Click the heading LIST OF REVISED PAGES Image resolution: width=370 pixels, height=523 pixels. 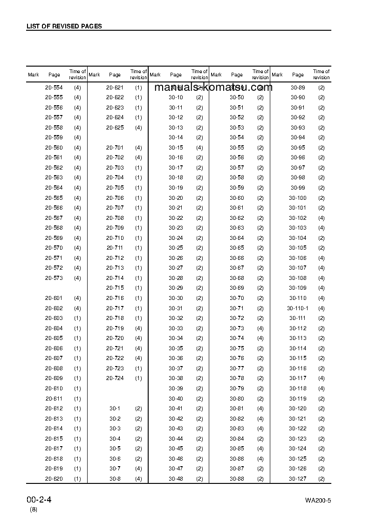point(64,27)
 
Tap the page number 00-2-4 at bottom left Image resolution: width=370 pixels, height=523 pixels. point(39,500)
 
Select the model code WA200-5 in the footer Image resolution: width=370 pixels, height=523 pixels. point(318,501)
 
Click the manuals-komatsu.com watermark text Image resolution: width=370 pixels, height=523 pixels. point(213,88)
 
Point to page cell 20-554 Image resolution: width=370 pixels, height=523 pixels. point(54,88)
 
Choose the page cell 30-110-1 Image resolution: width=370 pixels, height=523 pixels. point(298,308)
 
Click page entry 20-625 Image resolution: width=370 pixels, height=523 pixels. point(115,128)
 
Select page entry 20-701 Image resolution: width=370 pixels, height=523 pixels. point(115,148)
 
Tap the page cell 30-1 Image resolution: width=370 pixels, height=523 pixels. point(115,408)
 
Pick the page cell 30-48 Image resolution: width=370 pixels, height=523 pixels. point(176,479)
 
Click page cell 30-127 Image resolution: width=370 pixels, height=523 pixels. point(298,479)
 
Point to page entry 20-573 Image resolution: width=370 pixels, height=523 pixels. point(54,278)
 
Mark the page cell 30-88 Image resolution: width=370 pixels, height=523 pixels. point(237,479)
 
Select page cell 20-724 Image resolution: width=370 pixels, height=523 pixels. point(115,378)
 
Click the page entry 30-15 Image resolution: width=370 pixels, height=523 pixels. point(176,148)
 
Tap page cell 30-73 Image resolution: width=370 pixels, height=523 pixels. point(237,328)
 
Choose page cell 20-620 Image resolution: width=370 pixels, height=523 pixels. point(54,479)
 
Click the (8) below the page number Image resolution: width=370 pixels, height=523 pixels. point(34,509)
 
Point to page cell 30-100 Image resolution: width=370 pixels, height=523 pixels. point(298,198)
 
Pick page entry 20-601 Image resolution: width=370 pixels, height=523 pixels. point(54,298)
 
